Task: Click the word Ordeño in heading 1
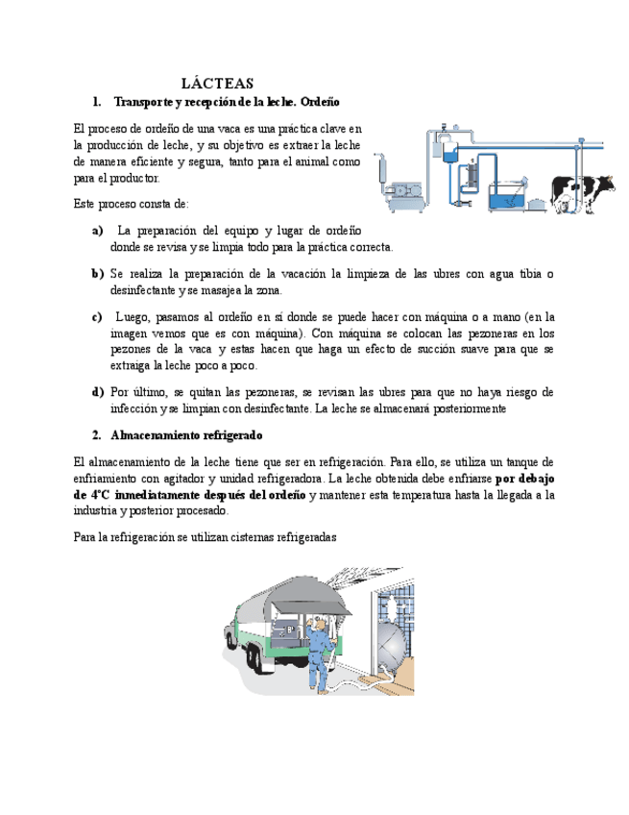[319, 102]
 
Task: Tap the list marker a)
[98, 231]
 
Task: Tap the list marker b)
[98, 273]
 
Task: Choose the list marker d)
[98, 392]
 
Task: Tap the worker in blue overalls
[321, 654]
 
